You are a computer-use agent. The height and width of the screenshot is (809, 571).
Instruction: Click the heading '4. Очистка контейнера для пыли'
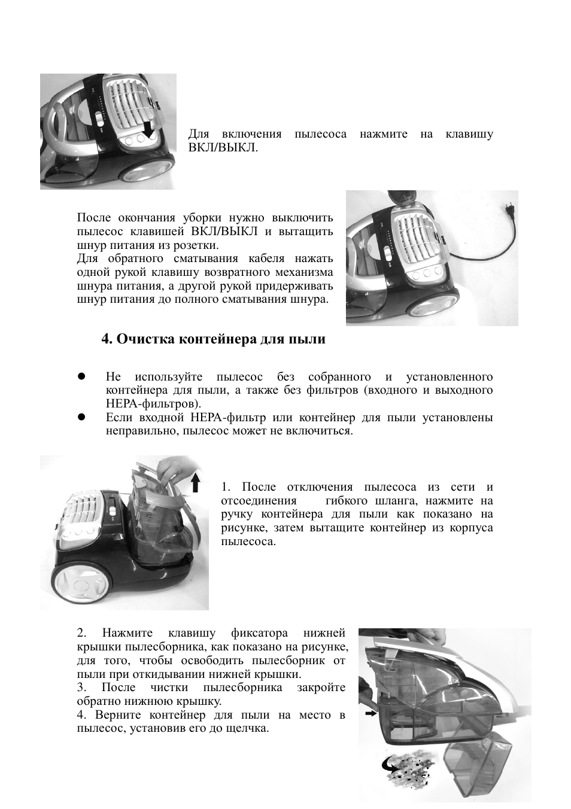pos(214,339)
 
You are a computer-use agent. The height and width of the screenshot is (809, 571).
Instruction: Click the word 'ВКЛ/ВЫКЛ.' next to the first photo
pos(223,147)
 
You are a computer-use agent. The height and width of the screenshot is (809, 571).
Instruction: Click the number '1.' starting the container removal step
pos(226,487)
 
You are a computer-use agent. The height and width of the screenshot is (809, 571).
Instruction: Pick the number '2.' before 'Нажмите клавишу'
pos(82,633)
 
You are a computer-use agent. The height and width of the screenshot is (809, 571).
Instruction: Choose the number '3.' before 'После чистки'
pos(82,688)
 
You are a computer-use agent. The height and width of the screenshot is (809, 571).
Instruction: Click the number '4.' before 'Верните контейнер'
pos(82,715)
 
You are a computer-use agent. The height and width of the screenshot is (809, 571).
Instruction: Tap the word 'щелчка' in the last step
pos(247,729)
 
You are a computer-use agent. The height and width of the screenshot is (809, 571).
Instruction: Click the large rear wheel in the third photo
pos(78,581)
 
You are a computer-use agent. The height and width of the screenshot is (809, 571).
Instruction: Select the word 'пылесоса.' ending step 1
pos(248,542)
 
